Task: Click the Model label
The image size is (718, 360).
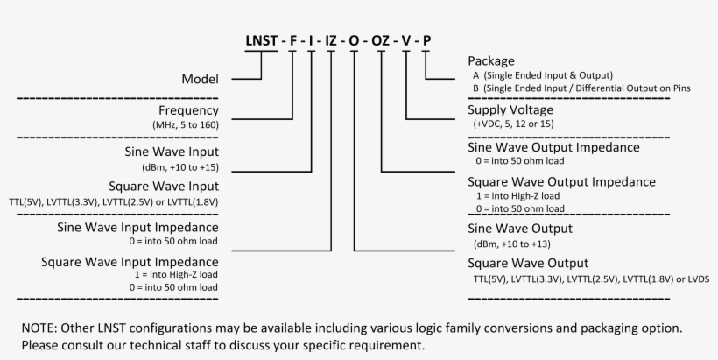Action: click(200, 79)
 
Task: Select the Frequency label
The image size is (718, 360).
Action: click(188, 111)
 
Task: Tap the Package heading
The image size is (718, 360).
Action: click(492, 60)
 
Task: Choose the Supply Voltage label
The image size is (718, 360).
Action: click(510, 110)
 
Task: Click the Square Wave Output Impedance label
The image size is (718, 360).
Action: click(561, 182)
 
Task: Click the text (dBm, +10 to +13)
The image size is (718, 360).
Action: click(511, 244)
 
